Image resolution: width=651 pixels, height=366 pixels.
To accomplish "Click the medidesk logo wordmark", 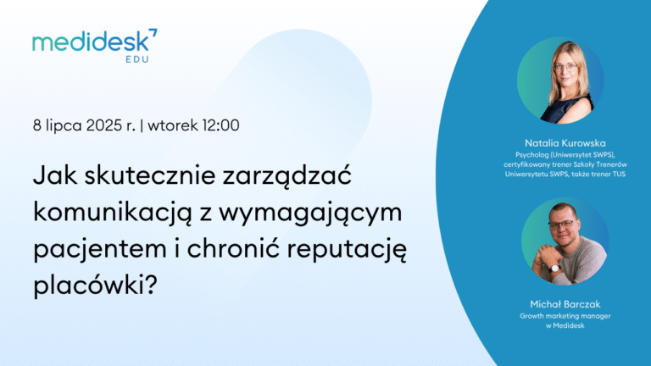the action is [91, 42].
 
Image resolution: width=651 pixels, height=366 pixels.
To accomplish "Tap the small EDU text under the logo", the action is [137, 59].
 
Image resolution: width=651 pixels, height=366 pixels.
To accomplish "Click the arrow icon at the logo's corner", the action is [153, 33].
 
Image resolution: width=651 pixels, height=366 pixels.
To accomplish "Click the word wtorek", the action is [173, 125].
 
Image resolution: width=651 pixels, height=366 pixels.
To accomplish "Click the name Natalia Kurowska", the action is [565, 143].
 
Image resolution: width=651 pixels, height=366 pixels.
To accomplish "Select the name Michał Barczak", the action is [565, 304].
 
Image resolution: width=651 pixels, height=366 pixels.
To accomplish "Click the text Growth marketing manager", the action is [565, 316].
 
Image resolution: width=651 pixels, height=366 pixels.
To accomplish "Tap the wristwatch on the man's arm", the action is [554, 268].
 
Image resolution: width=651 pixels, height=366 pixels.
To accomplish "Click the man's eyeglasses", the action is [562, 225].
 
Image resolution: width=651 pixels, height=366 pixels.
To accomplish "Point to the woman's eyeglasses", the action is [565, 67].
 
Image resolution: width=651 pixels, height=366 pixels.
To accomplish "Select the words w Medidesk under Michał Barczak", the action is [565, 325].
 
